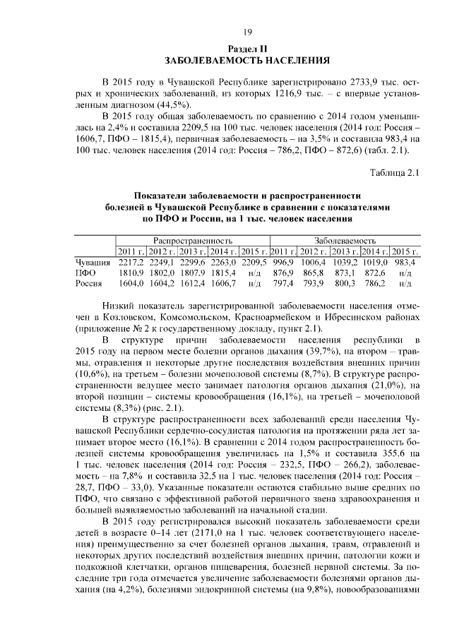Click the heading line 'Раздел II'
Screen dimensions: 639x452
coord(247,48)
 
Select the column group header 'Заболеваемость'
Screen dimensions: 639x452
coord(345,240)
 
